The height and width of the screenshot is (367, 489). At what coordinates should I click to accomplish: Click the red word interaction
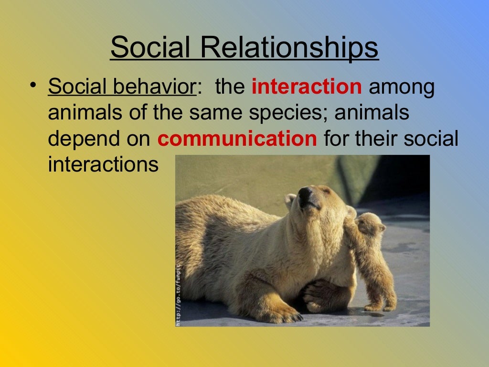[x=307, y=87]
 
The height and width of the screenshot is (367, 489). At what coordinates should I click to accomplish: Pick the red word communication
[x=237, y=139]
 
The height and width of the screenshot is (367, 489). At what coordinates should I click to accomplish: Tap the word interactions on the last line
[x=103, y=165]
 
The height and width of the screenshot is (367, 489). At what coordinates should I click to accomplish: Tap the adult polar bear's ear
[x=290, y=200]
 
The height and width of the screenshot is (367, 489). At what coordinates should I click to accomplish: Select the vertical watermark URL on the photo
[x=179, y=294]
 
